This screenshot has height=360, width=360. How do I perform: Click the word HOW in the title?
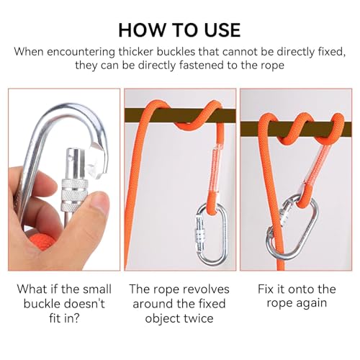point(143,30)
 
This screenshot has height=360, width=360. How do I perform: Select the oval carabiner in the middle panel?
point(211,235)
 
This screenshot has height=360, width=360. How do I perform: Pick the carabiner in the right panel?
point(292,228)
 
